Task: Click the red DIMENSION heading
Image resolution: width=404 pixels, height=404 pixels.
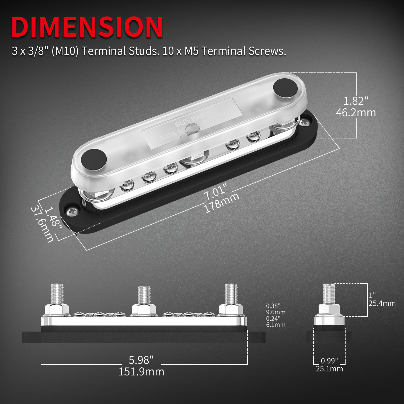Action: tap(87, 27)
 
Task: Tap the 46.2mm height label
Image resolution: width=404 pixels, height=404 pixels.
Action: tap(356, 113)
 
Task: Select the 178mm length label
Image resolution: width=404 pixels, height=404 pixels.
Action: tap(221, 203)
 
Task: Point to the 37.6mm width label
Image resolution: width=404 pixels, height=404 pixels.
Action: tap(42, 224)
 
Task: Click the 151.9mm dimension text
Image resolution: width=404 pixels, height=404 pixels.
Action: tap(141, 372)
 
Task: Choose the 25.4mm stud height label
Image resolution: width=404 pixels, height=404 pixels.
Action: tap(382, 303)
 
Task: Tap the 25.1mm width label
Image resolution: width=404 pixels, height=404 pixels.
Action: tap(329, 369)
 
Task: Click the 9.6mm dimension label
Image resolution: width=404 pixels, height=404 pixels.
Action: tap(276, 312)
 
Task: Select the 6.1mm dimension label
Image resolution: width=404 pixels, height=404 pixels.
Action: tap(276, 325)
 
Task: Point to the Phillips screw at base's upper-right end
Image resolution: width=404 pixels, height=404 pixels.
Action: tap(305, 122)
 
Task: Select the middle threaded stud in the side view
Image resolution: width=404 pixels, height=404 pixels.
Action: tap(144, 295)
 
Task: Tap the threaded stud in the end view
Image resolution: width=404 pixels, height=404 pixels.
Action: tap(329, 294)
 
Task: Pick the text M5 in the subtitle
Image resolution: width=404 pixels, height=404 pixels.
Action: tap(191, 51)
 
